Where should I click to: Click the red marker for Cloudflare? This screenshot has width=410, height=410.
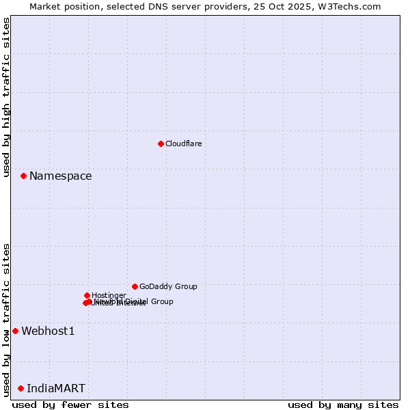[161, 143]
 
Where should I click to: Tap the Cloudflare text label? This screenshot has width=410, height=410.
[183, 143]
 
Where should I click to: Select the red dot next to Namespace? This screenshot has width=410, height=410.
[23, 176]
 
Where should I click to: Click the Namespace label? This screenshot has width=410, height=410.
[60, 176]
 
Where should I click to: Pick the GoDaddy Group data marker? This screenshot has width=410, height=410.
[135, 286]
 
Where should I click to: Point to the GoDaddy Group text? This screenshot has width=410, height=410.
[168, 286]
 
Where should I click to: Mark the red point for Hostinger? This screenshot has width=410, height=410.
[87, 295]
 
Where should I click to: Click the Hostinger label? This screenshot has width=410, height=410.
[109, 295]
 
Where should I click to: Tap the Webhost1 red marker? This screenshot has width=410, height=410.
[15, 331]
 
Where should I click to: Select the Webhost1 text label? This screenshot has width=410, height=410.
[48, 331]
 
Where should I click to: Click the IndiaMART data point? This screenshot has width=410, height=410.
[20, 388]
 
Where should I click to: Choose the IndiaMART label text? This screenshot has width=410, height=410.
[56, 389]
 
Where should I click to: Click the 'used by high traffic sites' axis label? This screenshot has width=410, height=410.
[7, 97]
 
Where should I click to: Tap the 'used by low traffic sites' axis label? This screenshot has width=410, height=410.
[7, 320]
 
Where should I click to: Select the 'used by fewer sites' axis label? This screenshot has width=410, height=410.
[70, 405]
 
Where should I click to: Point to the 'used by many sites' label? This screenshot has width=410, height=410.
[343, 405]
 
